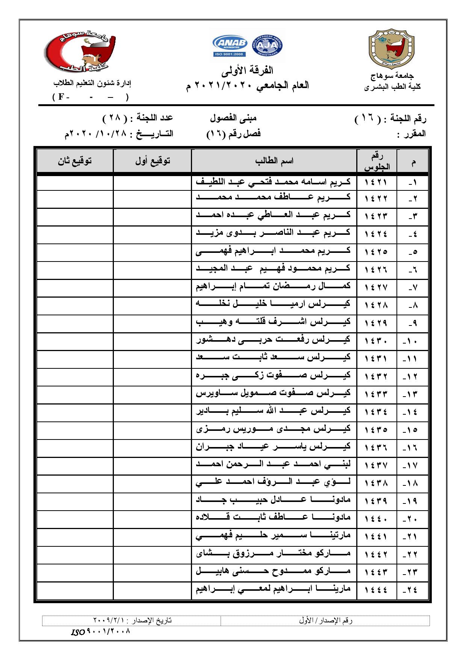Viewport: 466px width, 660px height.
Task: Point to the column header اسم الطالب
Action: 274,161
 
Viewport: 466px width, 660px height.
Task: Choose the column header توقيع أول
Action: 153,161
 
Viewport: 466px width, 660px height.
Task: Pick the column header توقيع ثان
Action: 75,161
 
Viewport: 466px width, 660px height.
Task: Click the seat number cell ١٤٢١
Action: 376,182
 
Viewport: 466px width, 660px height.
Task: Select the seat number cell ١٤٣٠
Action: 376,341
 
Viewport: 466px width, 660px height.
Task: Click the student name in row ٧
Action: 273,286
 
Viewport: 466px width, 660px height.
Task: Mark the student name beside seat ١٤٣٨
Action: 273,482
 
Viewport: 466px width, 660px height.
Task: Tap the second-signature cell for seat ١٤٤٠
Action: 75,518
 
